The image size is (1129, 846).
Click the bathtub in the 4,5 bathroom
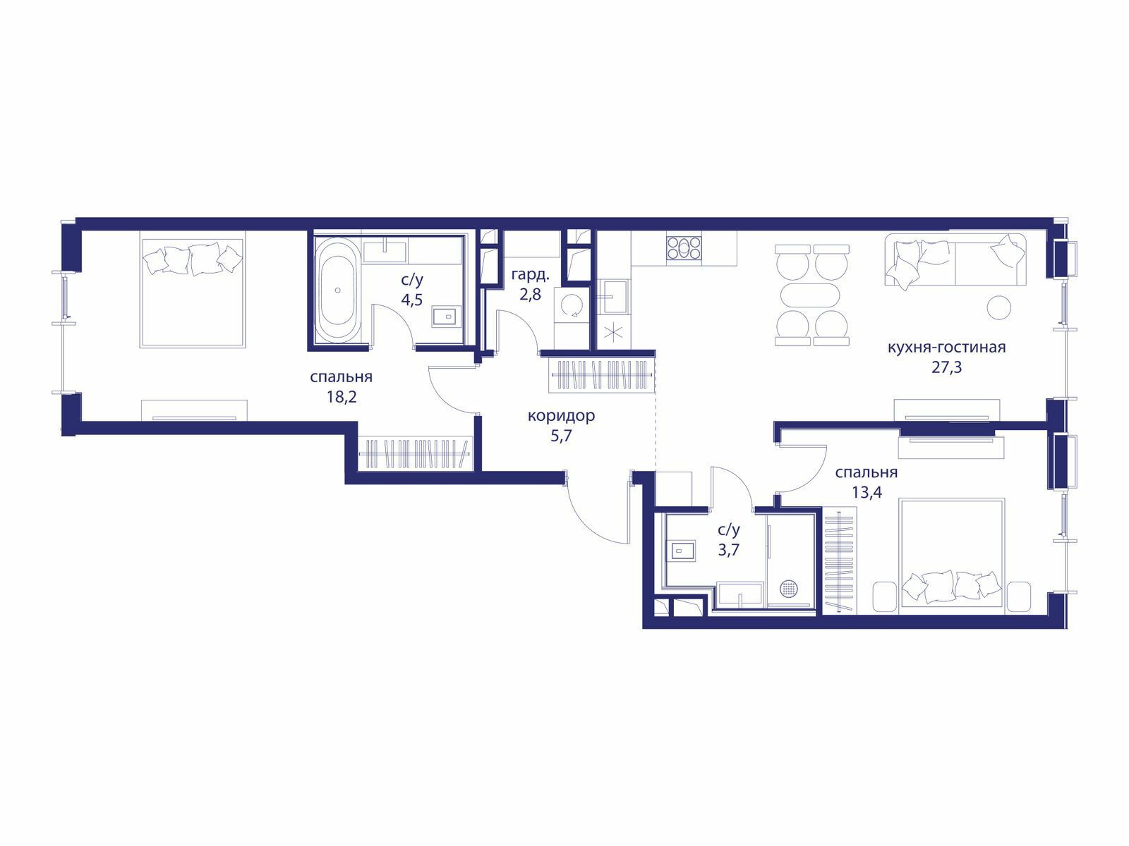(x=337, y=290)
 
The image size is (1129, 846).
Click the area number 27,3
(x=946, y=367)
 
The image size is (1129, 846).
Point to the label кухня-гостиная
(x=946, y=348)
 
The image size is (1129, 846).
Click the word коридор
(x=561, y=415)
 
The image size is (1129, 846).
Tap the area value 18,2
(x=342, y=396)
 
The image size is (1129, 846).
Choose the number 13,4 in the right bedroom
(x=867, y=492)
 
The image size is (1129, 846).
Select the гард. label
(x=531, y=276)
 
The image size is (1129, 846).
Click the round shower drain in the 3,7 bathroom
(x=788, y=588)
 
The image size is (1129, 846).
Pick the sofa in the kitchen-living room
(x=955, y=259)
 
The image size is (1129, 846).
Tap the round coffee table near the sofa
(x=999, y=308)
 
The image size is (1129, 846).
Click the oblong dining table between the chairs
(x=810, y=297)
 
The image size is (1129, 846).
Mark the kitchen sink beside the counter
(x=615, y=296)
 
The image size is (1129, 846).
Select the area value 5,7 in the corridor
(x=561, y=436)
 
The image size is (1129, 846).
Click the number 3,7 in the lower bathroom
(x=729, y=550)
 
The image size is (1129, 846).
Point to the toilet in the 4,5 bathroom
(x=447, y=316)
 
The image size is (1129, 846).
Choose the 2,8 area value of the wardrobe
(x=531, y=295)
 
